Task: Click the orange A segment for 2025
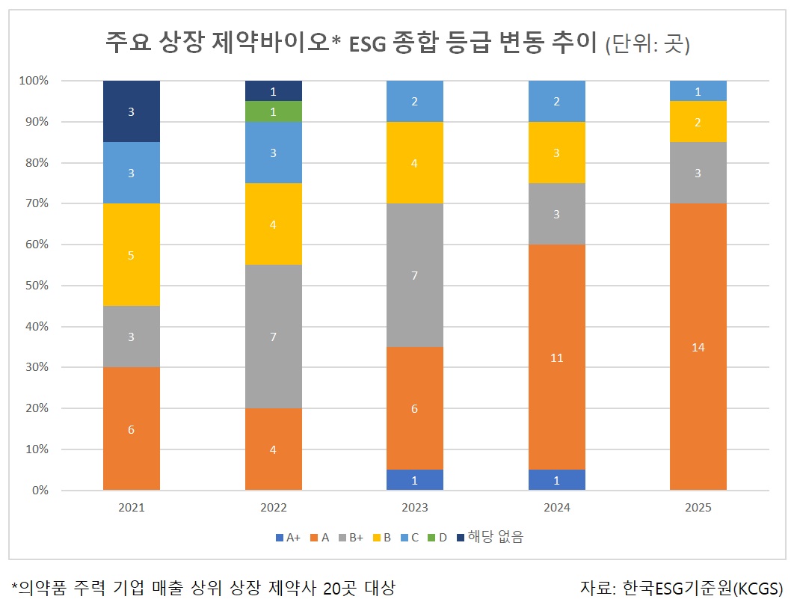click(698, 346)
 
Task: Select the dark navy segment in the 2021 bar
click(132, 111)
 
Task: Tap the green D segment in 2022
click(274, 111)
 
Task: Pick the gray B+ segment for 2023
click(415, 275)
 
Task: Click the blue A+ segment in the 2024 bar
click(557, 480)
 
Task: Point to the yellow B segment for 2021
click(132, 254)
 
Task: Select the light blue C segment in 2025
click(698, 90)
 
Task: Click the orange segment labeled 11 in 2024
click(557, 357)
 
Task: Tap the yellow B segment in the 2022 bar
click(274, 224)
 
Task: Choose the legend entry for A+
click(288, 537)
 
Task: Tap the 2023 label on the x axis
click(415, 508)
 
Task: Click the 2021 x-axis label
click(132, 508)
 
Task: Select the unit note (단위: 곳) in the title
click(647, 44)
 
